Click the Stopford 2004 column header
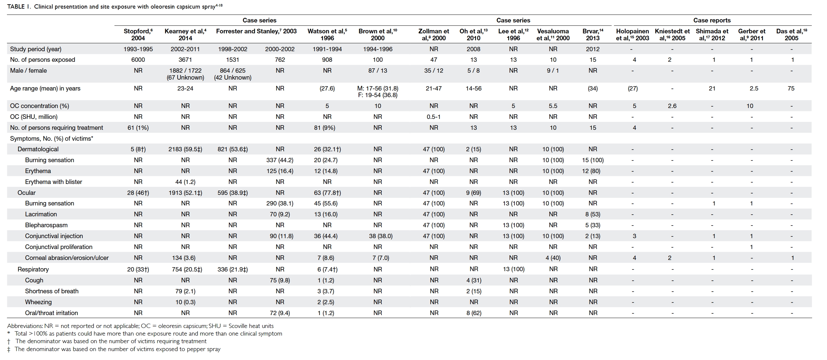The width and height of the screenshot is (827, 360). click(x=138, y=34)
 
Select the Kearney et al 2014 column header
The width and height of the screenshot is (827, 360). click(x=185, y=34)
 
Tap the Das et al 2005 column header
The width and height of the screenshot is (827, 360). click(x=792, y=34)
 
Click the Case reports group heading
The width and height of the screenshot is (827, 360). click(x=712, y=20)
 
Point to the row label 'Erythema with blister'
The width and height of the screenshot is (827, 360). click(x=54, y=182)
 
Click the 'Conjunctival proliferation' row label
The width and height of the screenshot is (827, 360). click(x=59, y=247)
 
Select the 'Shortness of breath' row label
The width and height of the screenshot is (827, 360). click(x=52, y=291)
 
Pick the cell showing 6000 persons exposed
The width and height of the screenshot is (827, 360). click(x=138, y=60)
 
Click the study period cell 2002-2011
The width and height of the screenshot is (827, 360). click(x=185, y=49)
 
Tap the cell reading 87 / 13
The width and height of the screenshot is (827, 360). click(x=378, y=70)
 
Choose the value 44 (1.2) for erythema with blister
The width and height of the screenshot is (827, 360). click(x=185, y=182)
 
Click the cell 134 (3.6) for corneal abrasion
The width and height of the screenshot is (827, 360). click(x=185, y=258)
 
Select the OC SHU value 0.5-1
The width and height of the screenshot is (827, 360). click(x=434, y=117)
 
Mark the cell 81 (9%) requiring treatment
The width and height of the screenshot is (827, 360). click(x=327, y=127)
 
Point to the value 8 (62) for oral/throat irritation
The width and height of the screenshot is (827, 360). click(x=474, y=313)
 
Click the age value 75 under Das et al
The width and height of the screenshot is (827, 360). click(x=791, y=88)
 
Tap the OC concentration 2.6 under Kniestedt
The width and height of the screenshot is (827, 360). click(x=672, y=106)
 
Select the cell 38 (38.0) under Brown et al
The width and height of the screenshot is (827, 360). click(x=378, y=236)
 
